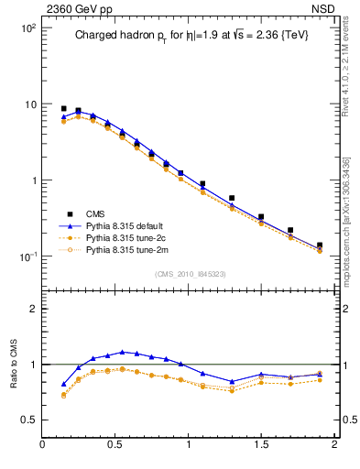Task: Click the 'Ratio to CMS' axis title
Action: click(13, 364)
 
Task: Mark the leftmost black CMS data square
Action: click(63, 108)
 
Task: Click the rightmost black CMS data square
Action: click(320, 245)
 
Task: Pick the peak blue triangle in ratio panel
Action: click(122, 352)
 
